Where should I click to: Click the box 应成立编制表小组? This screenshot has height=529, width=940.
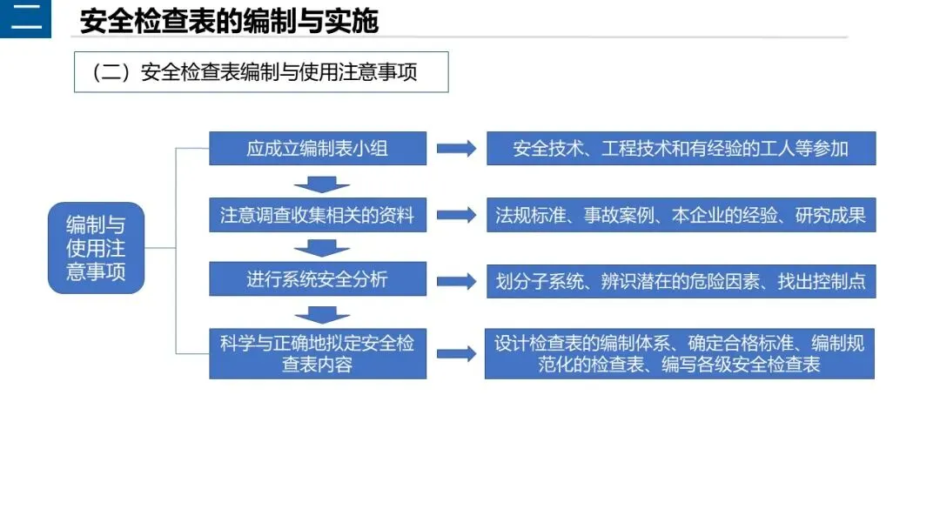point(318,148)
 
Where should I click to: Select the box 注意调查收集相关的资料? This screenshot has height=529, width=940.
point(318,215)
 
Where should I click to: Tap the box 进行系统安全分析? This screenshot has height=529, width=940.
point(318,279)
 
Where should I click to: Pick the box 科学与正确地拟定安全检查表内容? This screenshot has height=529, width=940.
point(318,353)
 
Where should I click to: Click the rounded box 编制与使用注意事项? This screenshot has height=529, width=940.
point(96,248)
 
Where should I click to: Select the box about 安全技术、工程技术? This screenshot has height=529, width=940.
point(681,148)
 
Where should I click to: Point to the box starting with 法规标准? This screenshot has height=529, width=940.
point(681,215)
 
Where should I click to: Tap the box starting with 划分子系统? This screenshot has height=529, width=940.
point(681,281)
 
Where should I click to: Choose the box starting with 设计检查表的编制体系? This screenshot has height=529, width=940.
point(680,353)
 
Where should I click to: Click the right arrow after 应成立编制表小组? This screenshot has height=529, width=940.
point(456,149)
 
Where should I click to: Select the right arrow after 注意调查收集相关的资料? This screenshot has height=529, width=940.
point(456,215)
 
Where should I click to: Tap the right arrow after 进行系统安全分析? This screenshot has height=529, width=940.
point(456,281)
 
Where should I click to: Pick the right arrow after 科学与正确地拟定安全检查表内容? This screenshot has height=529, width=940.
point(456,353)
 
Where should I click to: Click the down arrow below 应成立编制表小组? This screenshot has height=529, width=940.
point(321,184)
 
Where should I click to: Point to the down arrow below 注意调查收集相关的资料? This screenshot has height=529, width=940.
point(321,249)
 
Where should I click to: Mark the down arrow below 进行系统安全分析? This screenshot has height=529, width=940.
point(321,314)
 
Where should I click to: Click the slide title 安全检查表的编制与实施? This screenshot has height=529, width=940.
point(229,21)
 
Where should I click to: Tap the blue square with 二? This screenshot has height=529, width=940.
point(25,18)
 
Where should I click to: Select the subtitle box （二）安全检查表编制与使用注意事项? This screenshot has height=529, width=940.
point(261,72)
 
